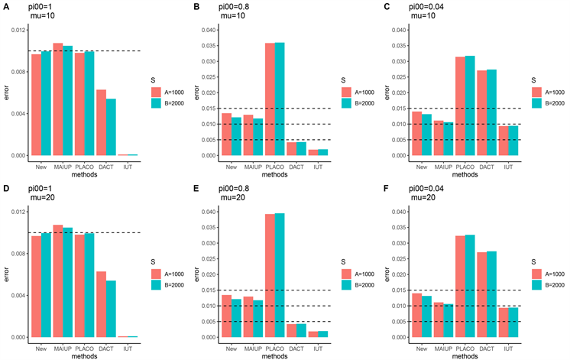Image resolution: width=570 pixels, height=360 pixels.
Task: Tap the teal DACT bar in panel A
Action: click(x=111, y=127)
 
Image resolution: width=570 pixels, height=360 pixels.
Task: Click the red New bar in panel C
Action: click(x=416, y=134)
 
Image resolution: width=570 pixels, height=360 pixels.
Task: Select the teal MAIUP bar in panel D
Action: click(x=68, y=282)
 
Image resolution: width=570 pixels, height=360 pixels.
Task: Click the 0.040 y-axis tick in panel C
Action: click(x=398, y=30)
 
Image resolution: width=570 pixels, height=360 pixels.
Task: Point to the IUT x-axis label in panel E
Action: click(x=323, y=344)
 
